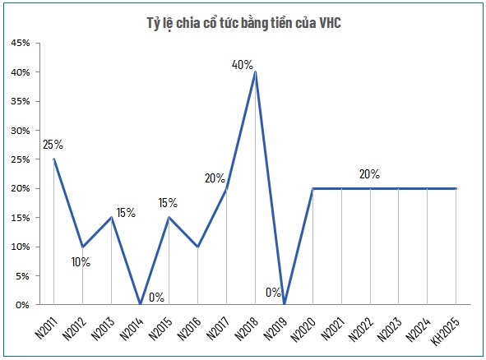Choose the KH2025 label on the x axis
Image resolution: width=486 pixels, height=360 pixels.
click(445, 326)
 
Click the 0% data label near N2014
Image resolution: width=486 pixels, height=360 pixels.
click(156, 297)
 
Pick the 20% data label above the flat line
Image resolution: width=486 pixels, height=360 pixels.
click(369, 174)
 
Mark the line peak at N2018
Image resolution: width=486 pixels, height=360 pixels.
click(255, 72)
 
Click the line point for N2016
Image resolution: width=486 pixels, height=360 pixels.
click(197, 247)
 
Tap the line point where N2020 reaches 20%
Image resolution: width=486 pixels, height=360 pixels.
click(312, 188)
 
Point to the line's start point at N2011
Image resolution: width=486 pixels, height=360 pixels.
click(53, 159)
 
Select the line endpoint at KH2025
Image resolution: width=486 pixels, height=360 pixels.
click(456, 188)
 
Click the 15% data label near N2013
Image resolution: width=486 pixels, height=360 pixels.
click(126, 212)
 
